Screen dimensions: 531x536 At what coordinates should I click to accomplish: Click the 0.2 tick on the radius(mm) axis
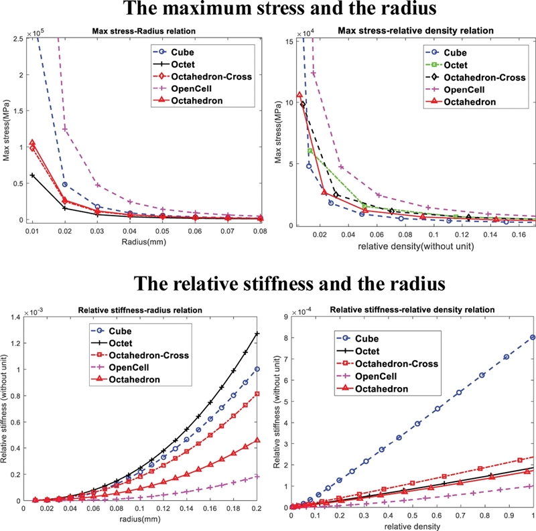coord(257,510)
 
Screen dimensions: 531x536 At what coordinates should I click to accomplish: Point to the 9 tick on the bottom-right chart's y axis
coord(284,317)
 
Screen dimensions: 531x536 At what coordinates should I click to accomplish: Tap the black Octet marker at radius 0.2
coord(257,333)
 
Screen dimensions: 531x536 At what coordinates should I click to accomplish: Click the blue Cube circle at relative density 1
coord(533,337)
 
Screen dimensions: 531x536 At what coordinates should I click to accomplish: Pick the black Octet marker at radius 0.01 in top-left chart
coord(32,175)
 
